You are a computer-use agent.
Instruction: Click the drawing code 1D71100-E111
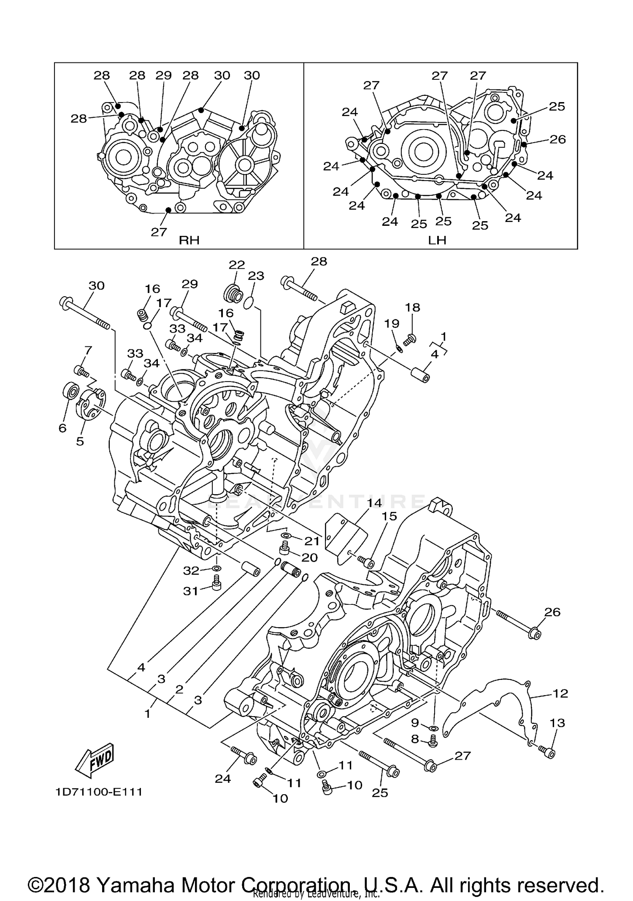point(99,792)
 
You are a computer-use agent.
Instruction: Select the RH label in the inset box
point(189,240)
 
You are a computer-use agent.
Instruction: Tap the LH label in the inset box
point(437,240)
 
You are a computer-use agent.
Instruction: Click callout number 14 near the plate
point(374,503)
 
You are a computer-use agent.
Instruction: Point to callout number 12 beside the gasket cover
point(560,693)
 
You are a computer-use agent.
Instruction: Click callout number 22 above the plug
point(237,265)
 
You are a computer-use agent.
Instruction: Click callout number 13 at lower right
point(557,722)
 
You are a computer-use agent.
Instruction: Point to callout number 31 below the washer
point(191,591)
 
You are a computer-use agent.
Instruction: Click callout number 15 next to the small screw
point(390,517)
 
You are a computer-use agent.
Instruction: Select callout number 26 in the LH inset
point(557,139)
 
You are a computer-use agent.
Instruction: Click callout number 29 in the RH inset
point(164,75)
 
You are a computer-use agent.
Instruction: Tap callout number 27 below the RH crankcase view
point(159,232)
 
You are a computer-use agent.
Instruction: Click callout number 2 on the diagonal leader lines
point(179,689)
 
